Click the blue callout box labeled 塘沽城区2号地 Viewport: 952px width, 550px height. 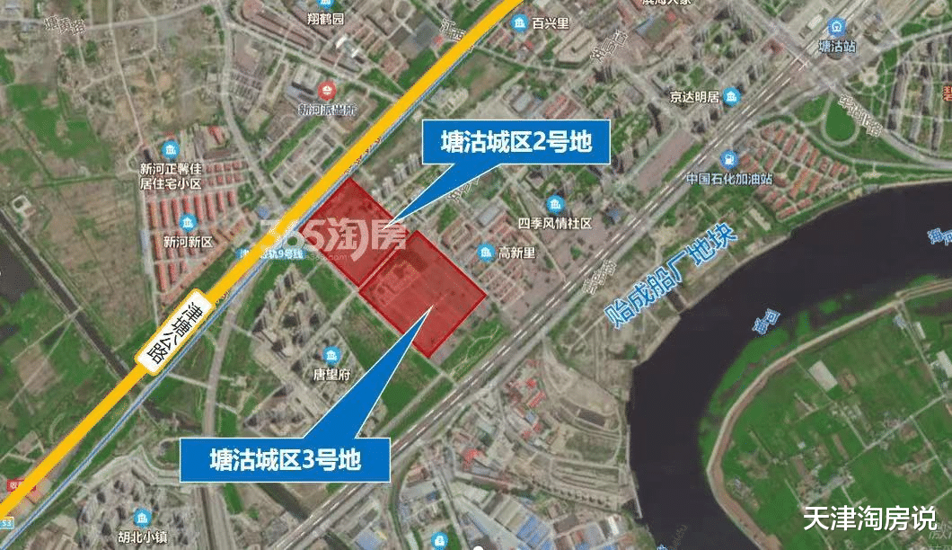coord(516,142)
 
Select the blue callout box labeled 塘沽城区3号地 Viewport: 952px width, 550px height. coord(285,460)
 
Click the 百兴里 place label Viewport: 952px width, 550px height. coord(550,22)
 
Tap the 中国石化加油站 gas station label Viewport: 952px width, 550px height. coord(729,177)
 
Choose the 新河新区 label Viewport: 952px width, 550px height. coord(188,242)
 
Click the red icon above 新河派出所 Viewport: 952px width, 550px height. coord(327,90)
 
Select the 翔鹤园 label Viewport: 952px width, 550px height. coord(326,18)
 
